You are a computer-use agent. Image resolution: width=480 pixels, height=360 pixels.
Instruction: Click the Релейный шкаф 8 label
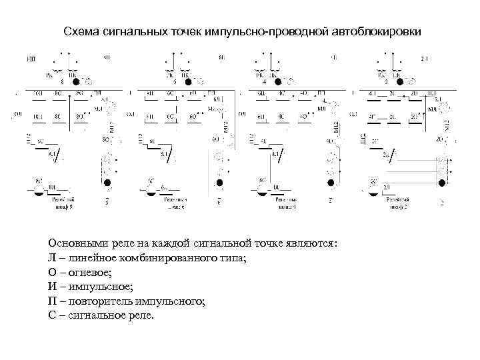pos(60,203)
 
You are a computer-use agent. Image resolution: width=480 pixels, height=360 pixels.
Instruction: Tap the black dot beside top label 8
pos(77,81)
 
